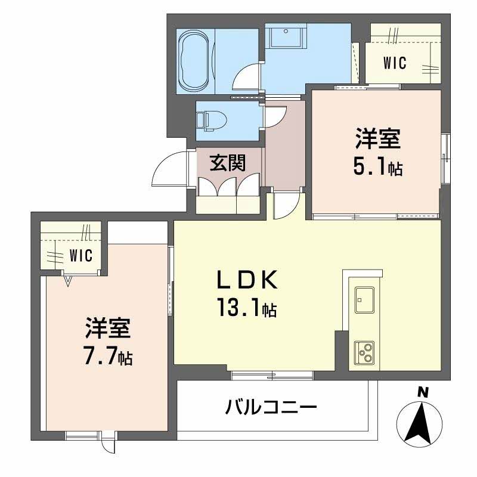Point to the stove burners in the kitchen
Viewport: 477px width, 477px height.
tap(364, 352)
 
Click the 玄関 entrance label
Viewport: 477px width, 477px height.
tap(227, 162)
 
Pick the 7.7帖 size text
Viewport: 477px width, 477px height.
tap(108, 357)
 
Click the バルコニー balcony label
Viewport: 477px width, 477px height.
tap(271, 408)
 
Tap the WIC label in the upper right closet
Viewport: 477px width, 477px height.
tap(395, 62)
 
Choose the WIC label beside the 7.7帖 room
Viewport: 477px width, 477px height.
tap(80, 255)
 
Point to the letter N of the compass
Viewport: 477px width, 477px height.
tap(423, 392)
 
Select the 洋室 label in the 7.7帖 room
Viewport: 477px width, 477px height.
tap(108, 330)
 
